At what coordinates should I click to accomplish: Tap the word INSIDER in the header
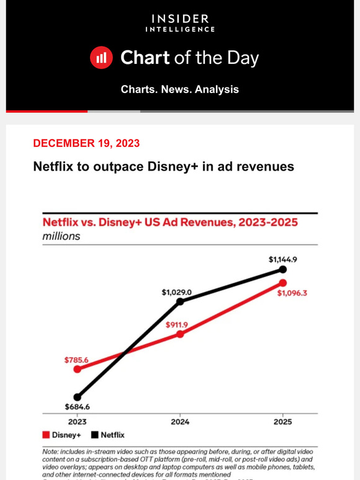click(x=180, y=19)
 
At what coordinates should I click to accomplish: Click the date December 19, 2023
click(x=86, y=143)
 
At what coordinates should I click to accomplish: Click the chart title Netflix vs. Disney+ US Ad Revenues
click(x=169, y=222)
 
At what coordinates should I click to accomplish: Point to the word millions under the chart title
click(x=61, y=236)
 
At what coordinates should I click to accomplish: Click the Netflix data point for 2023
click(x=77, y=397)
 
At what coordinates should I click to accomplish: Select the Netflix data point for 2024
click(x=180, y=301)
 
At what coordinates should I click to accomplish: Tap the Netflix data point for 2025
click(x=283, y=269)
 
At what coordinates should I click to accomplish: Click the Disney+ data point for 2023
click(x=77, y=369)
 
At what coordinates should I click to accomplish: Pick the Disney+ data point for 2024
click(x=180, y=334)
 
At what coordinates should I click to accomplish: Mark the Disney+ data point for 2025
click(x=283, y=283)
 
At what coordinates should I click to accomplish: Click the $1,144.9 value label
click(x=282, y=260)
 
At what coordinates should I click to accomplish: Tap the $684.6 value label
click(x=77, y=407)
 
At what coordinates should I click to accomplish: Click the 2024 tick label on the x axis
click(x=180, y=422)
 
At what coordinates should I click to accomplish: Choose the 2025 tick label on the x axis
click(x=283, y=422)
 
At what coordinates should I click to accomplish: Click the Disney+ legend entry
click(x=61, y=435)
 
